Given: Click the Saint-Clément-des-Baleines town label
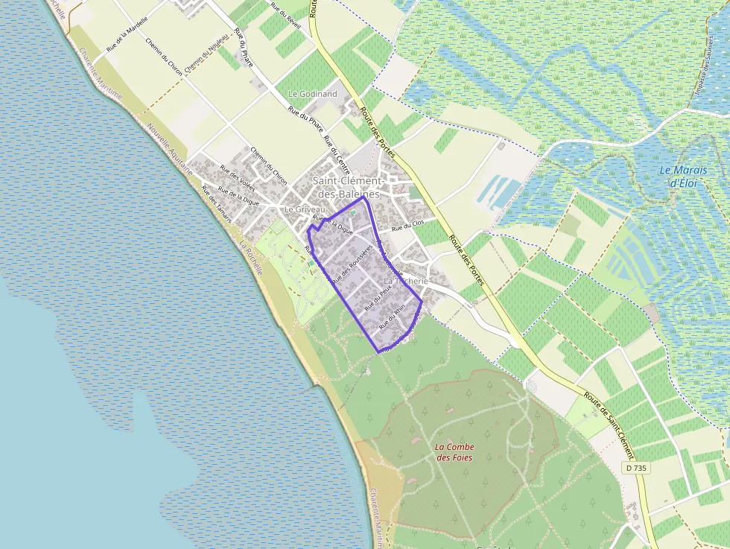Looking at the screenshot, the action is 347,187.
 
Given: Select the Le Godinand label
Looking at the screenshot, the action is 312,94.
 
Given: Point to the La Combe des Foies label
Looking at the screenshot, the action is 454,451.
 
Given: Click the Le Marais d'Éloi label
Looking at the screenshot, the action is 683,176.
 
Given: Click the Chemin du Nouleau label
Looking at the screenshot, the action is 206,57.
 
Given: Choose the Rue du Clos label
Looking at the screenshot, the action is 407,226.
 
